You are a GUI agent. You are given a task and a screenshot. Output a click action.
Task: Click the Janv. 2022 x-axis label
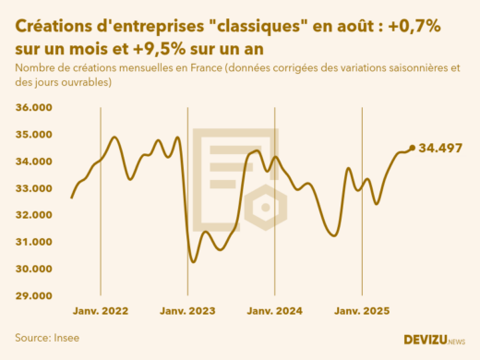[101, 312]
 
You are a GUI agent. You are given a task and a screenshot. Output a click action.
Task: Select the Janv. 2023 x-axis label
[187, 312]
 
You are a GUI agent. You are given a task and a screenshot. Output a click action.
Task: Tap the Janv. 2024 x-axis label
[274, 312]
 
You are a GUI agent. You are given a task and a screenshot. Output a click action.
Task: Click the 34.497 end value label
[440, 148]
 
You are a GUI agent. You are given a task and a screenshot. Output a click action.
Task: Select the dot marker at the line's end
[412, 148]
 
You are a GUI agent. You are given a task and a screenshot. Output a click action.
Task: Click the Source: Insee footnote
[47, 338]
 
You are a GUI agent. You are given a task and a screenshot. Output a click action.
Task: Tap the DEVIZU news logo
[434, 340]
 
